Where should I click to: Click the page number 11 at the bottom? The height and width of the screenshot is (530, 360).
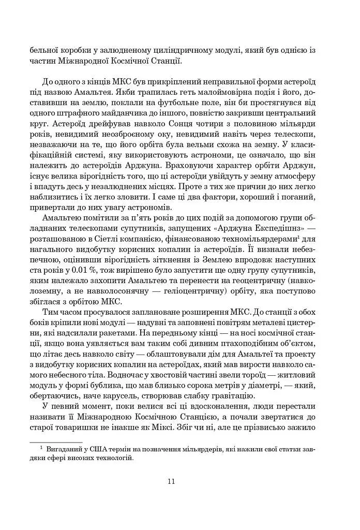171,481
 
